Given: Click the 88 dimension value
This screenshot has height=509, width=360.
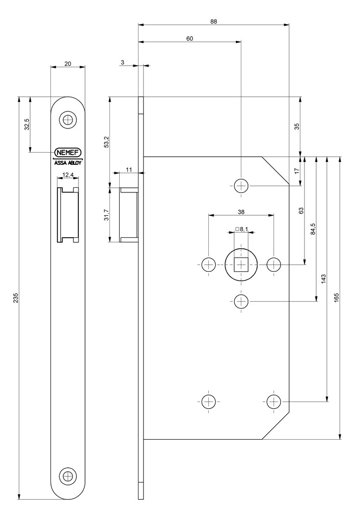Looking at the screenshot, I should (x=213, y=21).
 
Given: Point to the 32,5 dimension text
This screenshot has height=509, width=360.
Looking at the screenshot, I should (x=27, y=125).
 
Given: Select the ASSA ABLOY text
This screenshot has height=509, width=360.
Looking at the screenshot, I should (x=68, y=163).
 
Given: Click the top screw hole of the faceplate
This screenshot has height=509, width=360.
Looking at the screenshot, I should (x=68, y=120).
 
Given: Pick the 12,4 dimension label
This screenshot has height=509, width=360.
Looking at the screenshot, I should (x=68, y=175).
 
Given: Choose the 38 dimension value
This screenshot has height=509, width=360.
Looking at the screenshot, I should (x=241, y=212).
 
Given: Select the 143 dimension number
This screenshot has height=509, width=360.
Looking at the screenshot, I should (x=323, y=278).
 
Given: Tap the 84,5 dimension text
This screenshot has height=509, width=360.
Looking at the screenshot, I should (x=313, y=229).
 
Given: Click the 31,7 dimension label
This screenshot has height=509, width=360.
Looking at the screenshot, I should (x=106, y=215).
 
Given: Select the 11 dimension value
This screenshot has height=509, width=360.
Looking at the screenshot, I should (x=129, y=169).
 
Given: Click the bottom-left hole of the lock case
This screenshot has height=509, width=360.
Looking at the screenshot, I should (x=208, y=401).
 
